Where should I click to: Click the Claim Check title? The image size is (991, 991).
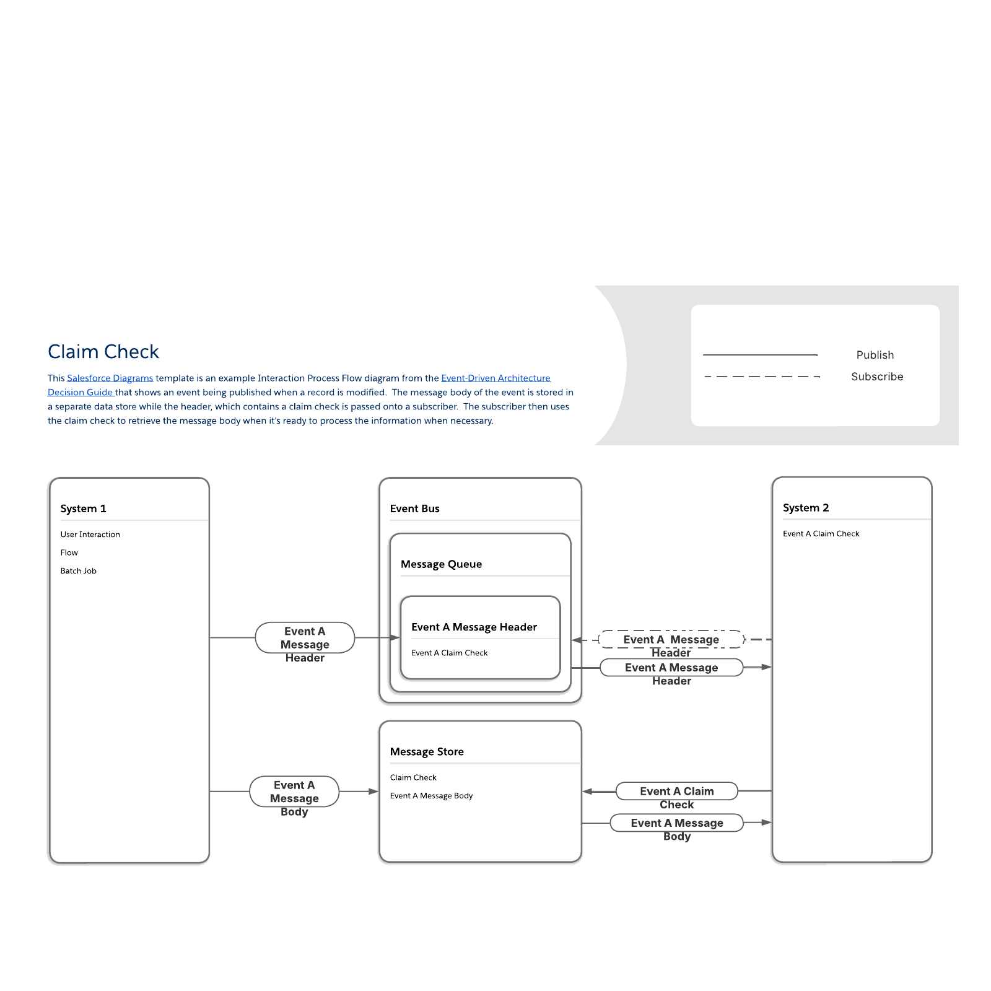coord(103,351)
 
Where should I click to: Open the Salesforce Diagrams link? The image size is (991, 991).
coord(110,378)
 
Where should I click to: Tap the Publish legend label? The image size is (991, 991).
coord(875,355)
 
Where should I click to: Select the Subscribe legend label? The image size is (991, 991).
coord(877,377)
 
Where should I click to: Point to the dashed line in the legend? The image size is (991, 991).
coord(762,377)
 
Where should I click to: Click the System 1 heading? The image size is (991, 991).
coord(83,509)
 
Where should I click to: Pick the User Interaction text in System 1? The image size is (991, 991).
coord(90,535)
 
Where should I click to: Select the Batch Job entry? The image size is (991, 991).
coord(79,571)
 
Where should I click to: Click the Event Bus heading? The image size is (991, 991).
coord(414,509)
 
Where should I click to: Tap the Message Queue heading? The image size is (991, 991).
coord(441,564)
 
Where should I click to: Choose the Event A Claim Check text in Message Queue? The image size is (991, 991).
coord(449,653)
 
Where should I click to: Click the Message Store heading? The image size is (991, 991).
coord(427,752)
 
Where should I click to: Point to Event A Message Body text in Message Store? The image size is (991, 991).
coord(431,796)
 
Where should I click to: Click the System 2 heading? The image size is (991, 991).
coord(806,508)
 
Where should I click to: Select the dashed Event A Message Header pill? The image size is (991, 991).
coord(671,639)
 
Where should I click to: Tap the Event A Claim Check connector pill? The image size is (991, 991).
coord(677,791)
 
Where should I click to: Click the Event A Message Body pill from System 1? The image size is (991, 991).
coord(294,792)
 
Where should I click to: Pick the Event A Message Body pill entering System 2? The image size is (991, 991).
coord(677,823)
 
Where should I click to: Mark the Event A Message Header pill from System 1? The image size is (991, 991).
coord(305,637)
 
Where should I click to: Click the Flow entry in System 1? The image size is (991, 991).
coord(69,552)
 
